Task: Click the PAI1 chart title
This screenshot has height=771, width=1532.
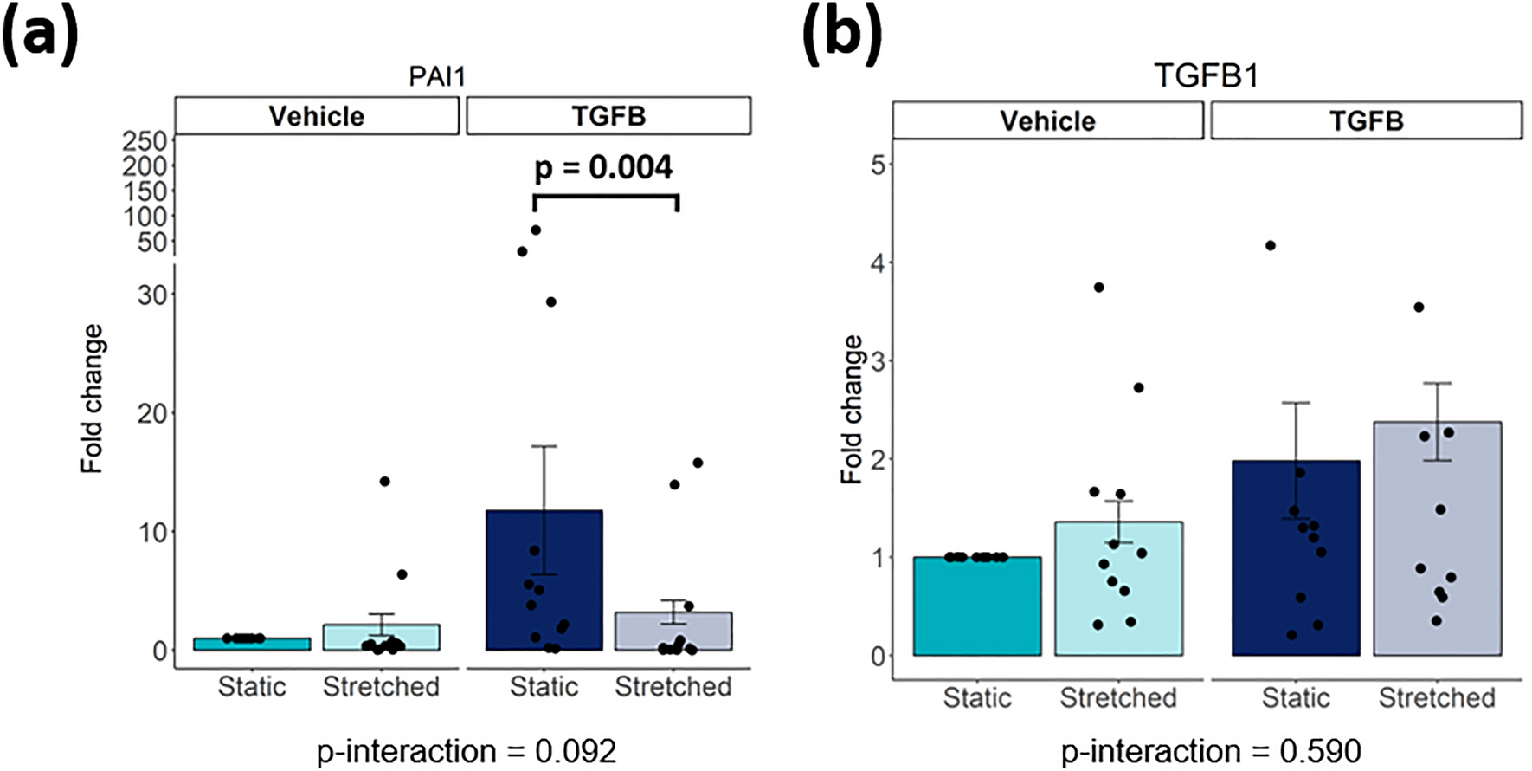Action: (x=437, y=76)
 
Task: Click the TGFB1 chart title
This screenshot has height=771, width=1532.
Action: (x=1206, y=76)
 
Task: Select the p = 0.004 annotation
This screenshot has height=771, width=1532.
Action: (x=603, y=167)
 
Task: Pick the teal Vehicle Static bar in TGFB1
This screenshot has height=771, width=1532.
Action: (x=977, y=606)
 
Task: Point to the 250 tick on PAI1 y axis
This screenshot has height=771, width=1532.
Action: (x=145, y=141)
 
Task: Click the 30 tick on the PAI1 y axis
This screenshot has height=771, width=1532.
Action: (x=151, y=295)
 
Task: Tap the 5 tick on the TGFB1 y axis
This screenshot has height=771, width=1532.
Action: (x=878, y=164)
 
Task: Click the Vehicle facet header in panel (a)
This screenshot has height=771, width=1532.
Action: (x=317, y=116)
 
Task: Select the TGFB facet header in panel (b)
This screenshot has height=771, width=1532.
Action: (x=1366, y=120)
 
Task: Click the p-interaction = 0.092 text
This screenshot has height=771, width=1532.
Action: (x=467, y=751)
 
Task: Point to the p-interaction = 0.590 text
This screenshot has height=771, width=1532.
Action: (x=1211, y=751)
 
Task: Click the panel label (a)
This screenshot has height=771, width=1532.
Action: (x=40, y=36)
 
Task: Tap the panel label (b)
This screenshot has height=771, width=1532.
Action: (x=842, y=36)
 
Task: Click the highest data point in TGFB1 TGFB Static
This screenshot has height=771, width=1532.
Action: (x=1271, y=246)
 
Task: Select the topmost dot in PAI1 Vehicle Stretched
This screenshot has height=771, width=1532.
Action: (x=384, y=481)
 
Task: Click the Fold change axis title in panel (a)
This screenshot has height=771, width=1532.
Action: (x=92, y=398)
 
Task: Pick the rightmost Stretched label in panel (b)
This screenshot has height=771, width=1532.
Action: (x=1437, y=698)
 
